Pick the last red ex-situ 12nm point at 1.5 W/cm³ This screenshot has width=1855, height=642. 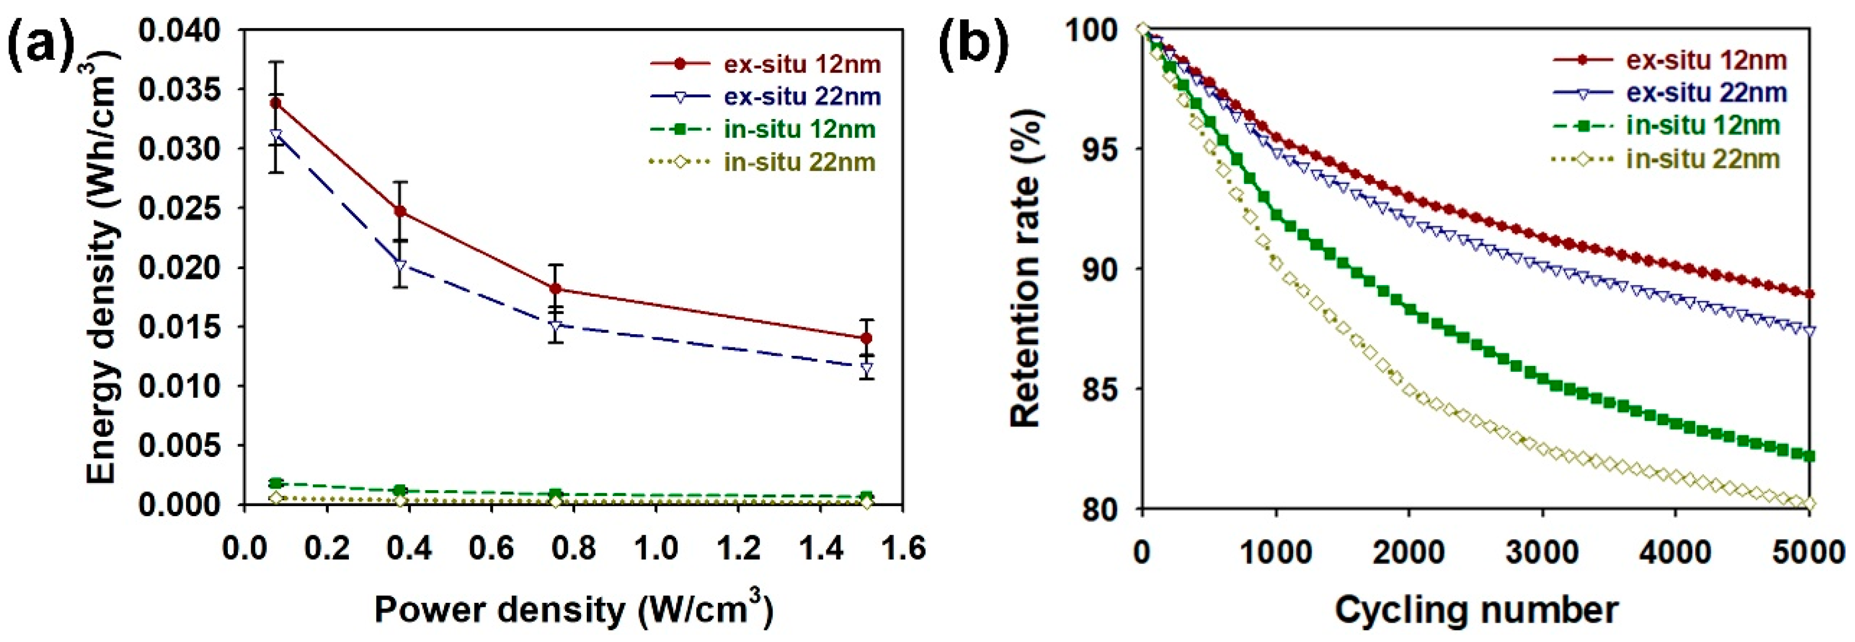[x=866, y=338]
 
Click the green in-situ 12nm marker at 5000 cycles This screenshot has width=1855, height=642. [x=1808, y=455]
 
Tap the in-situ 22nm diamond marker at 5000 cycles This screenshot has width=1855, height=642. [x=1808, y=503]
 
